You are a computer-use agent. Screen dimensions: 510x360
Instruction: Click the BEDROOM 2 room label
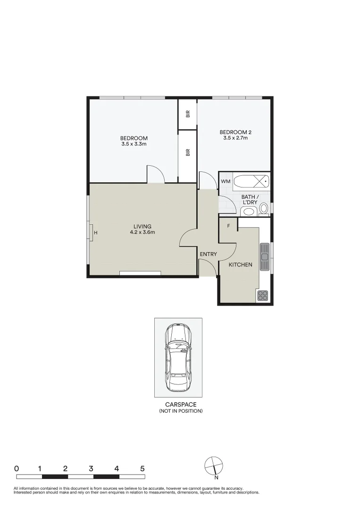click(x=235, y=132)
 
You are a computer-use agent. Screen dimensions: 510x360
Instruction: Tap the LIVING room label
click(x=142, y=226)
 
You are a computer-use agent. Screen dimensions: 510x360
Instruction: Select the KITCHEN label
click(x=240, y=265)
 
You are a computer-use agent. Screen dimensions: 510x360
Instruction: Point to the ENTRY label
click(x=208, y=255)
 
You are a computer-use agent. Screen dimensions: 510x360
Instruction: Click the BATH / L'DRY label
click(x=249, y=199)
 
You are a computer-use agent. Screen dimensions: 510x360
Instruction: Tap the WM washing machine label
click(x=226, y=181)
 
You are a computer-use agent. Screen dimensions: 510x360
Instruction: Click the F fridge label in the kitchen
click(x=229, y=226)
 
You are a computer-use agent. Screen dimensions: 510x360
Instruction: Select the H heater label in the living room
click(x=95, y=233)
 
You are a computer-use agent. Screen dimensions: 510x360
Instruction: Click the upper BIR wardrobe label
click(x=188, y=114)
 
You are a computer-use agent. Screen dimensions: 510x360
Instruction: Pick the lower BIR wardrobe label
click(x=188, y=153)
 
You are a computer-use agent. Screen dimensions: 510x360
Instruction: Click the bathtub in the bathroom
click(x=252, y=181)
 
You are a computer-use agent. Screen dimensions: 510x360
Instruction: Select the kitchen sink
click(x=265, y=256)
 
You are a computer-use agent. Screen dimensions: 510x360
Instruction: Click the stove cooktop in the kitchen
click(x=262, y=296)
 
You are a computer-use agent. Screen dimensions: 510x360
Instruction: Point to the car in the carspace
click(x=178, y=357)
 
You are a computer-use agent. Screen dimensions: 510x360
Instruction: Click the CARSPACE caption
click(x=180, y=405)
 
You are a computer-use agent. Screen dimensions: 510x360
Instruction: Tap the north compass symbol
click(x=214, y=466)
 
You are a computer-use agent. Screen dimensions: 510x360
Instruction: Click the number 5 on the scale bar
click(x=142, y=469)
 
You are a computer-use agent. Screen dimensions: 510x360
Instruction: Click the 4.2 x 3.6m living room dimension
click(x=142, y=232)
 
